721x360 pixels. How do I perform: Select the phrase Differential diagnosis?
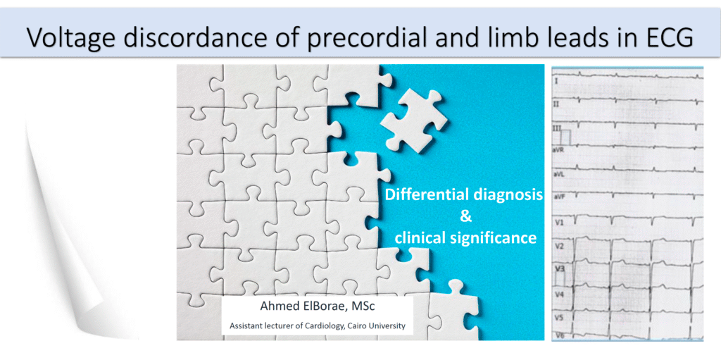pyautogui.click(x=464, y=194)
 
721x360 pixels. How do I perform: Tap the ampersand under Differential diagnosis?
pyautogui.click(x=466, y=216)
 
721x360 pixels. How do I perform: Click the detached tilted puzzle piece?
pyautogui.click(x=413, y=120)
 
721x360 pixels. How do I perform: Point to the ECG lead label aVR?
pyautogui.click(x=558, y=150)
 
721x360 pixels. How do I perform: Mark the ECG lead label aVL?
pyautogui.click(x=558, y=175)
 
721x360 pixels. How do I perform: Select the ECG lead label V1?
pyautogui.click(x=558, y=223)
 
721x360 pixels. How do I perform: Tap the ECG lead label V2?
pyautogui.click(x=558, y=247)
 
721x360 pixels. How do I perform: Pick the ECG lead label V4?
pyautogui.click(x=558, y=294)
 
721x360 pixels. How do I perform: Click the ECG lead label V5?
pyautogui.click(x=558, y=318)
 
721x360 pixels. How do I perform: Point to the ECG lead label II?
pyautogui.click(x=556, y=104)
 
